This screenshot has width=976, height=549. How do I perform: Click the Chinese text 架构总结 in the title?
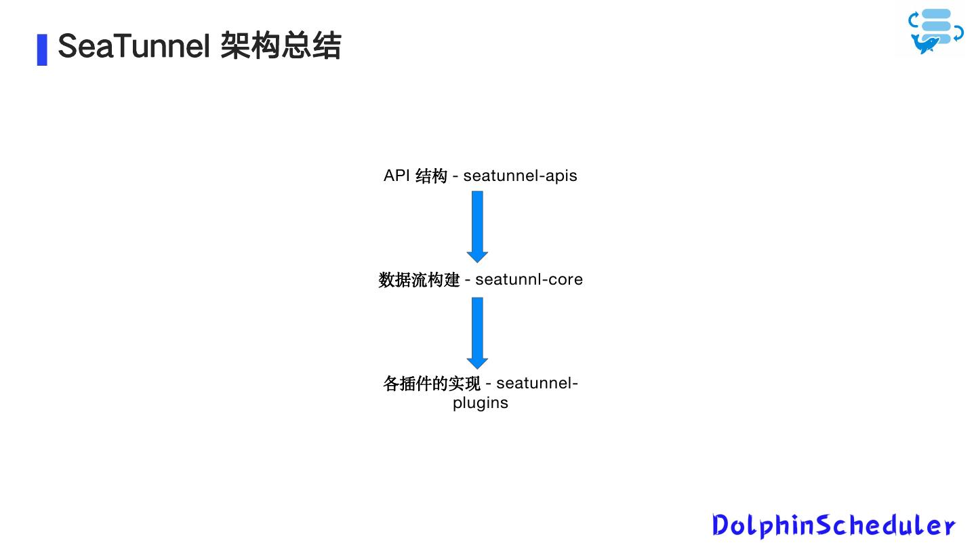pos(281,47)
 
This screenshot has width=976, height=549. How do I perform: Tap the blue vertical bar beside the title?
pos(42,49)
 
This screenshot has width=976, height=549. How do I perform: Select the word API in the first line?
pos(396,176)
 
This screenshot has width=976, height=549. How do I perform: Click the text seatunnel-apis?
pos(520,176)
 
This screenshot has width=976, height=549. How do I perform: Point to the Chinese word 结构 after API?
pos(431,176)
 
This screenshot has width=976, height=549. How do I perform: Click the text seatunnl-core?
pos(529,279)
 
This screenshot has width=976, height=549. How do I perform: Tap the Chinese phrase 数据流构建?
pos(419,279)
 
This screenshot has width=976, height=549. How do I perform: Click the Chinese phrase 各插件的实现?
pos(431,384)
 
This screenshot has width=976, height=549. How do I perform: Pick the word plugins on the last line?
pos(481,403)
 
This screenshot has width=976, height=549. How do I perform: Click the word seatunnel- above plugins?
pos(537,384)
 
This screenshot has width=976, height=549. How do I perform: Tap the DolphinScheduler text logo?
pos(834,525)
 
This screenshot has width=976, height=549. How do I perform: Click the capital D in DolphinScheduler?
pos(721,525)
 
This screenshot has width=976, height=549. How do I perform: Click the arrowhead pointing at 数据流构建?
pos(477,257)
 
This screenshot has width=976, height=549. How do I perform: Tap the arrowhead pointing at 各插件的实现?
pos(477,363)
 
